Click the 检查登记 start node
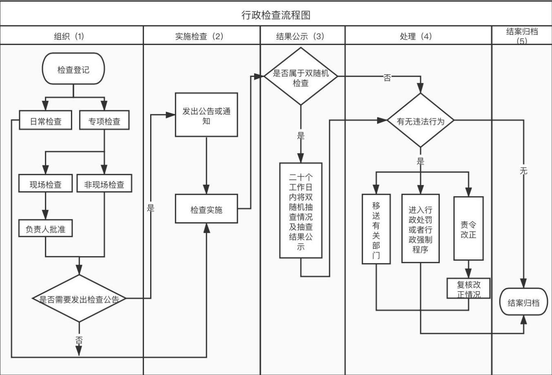(73, 69)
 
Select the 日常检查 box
(46, 120)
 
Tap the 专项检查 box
(104, 120)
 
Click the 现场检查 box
(46, 183)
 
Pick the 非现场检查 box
(104, 183)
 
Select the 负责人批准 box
(46, 228)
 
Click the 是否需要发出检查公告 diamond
(79, 298)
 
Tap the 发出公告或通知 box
(206, 115)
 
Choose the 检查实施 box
(206, 209)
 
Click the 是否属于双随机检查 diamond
(301, 76)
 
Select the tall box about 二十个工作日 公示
(301, 210)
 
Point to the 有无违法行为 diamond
(421, 121)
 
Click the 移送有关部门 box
(376, 229)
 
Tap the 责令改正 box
(468, 228)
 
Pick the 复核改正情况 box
(468, 288)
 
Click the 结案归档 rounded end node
(523, 302)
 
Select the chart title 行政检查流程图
(276, 15)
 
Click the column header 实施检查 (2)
(199, 36)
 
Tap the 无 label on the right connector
(523, 171)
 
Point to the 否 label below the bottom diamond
(79, 340)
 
